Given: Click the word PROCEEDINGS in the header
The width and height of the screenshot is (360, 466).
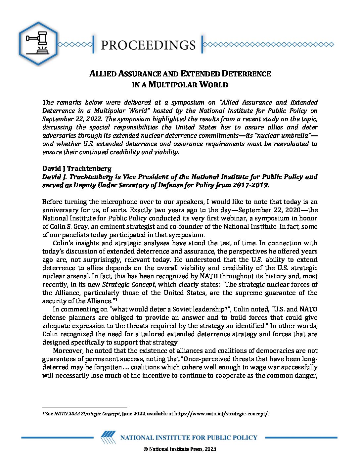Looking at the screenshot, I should (x=148, y=45).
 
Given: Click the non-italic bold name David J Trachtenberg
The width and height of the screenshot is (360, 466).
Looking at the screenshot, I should (x=77, y=168).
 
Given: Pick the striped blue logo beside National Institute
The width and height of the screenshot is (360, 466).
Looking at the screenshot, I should (x=108, y=437).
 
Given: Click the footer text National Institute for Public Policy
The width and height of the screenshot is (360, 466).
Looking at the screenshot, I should (x=189, y=438).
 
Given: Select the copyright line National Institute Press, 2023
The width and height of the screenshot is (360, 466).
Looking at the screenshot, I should (x=180, y=449).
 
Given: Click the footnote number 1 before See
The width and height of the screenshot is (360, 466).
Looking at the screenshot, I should (x=43, y=413).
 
